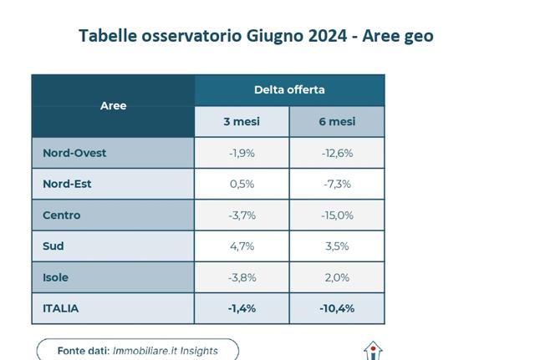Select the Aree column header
tap(113, 106)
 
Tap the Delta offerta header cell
tap(289, 90)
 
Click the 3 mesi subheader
tap(242, 122)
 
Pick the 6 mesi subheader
tap(337, 122)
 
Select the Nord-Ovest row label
tap(74, 153)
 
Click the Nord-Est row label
tap(67, 184)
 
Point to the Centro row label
tap(62, 215)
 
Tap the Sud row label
tap(53, 246)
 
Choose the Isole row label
tap(56, 277)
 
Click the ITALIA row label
tap(61, 308)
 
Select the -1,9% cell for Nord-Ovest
tap(242, 153)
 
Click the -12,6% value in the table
tap(337, 153)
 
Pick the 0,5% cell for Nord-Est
tap(242, 184)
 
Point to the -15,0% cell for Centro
tap(337, 215)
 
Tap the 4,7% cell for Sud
tap(242, 246)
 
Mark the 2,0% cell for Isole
tap(337, 277)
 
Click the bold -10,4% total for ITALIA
tap(337, 308)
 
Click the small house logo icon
tap(373, 351)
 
